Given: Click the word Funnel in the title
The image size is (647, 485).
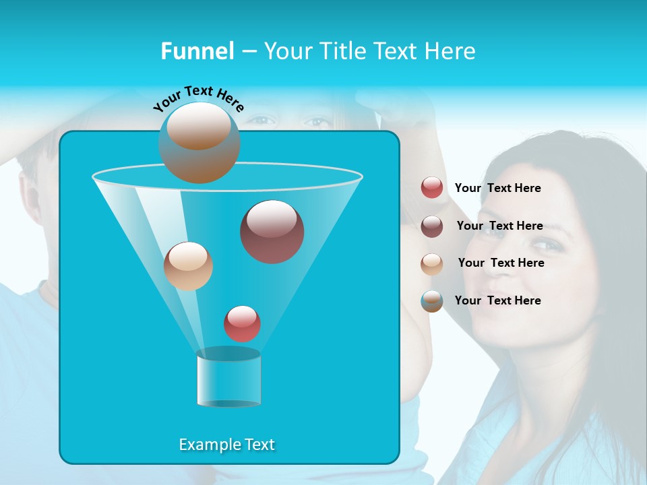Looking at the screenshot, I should click(197, 51).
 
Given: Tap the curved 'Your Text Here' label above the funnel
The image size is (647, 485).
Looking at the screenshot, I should click(198, 98).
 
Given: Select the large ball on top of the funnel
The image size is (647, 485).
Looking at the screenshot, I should click(199, 142).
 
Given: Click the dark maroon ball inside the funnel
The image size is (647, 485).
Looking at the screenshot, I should click(272, 232).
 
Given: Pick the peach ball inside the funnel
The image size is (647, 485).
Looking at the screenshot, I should click(188, 266).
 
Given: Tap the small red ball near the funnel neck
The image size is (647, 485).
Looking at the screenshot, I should click(242, 323).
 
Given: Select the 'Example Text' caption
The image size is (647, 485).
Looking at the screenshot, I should click(227, 445).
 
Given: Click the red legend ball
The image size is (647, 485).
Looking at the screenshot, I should click(432, 188).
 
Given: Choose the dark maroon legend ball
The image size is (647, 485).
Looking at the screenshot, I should click(432, 226).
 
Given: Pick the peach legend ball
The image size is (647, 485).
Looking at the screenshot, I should click(432, 263).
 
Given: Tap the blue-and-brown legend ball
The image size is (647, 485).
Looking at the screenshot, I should click(432, 300).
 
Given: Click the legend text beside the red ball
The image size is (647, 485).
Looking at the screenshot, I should click(497, 188).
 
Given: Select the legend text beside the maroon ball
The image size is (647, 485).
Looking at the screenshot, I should click(499, 226).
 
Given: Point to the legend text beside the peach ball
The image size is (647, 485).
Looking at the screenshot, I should click(501, 263).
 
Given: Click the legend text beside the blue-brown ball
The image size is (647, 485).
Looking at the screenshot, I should click(497, 300).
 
